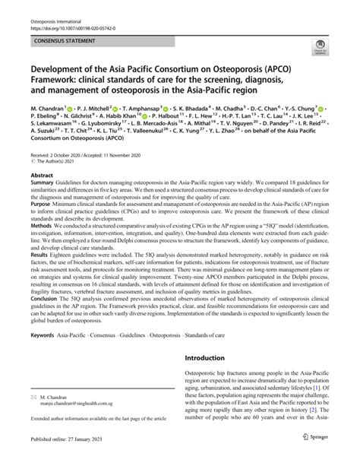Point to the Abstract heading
tap(39, 197)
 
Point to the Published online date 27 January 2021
tap(72, 458)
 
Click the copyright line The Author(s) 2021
tap(61, 183)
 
